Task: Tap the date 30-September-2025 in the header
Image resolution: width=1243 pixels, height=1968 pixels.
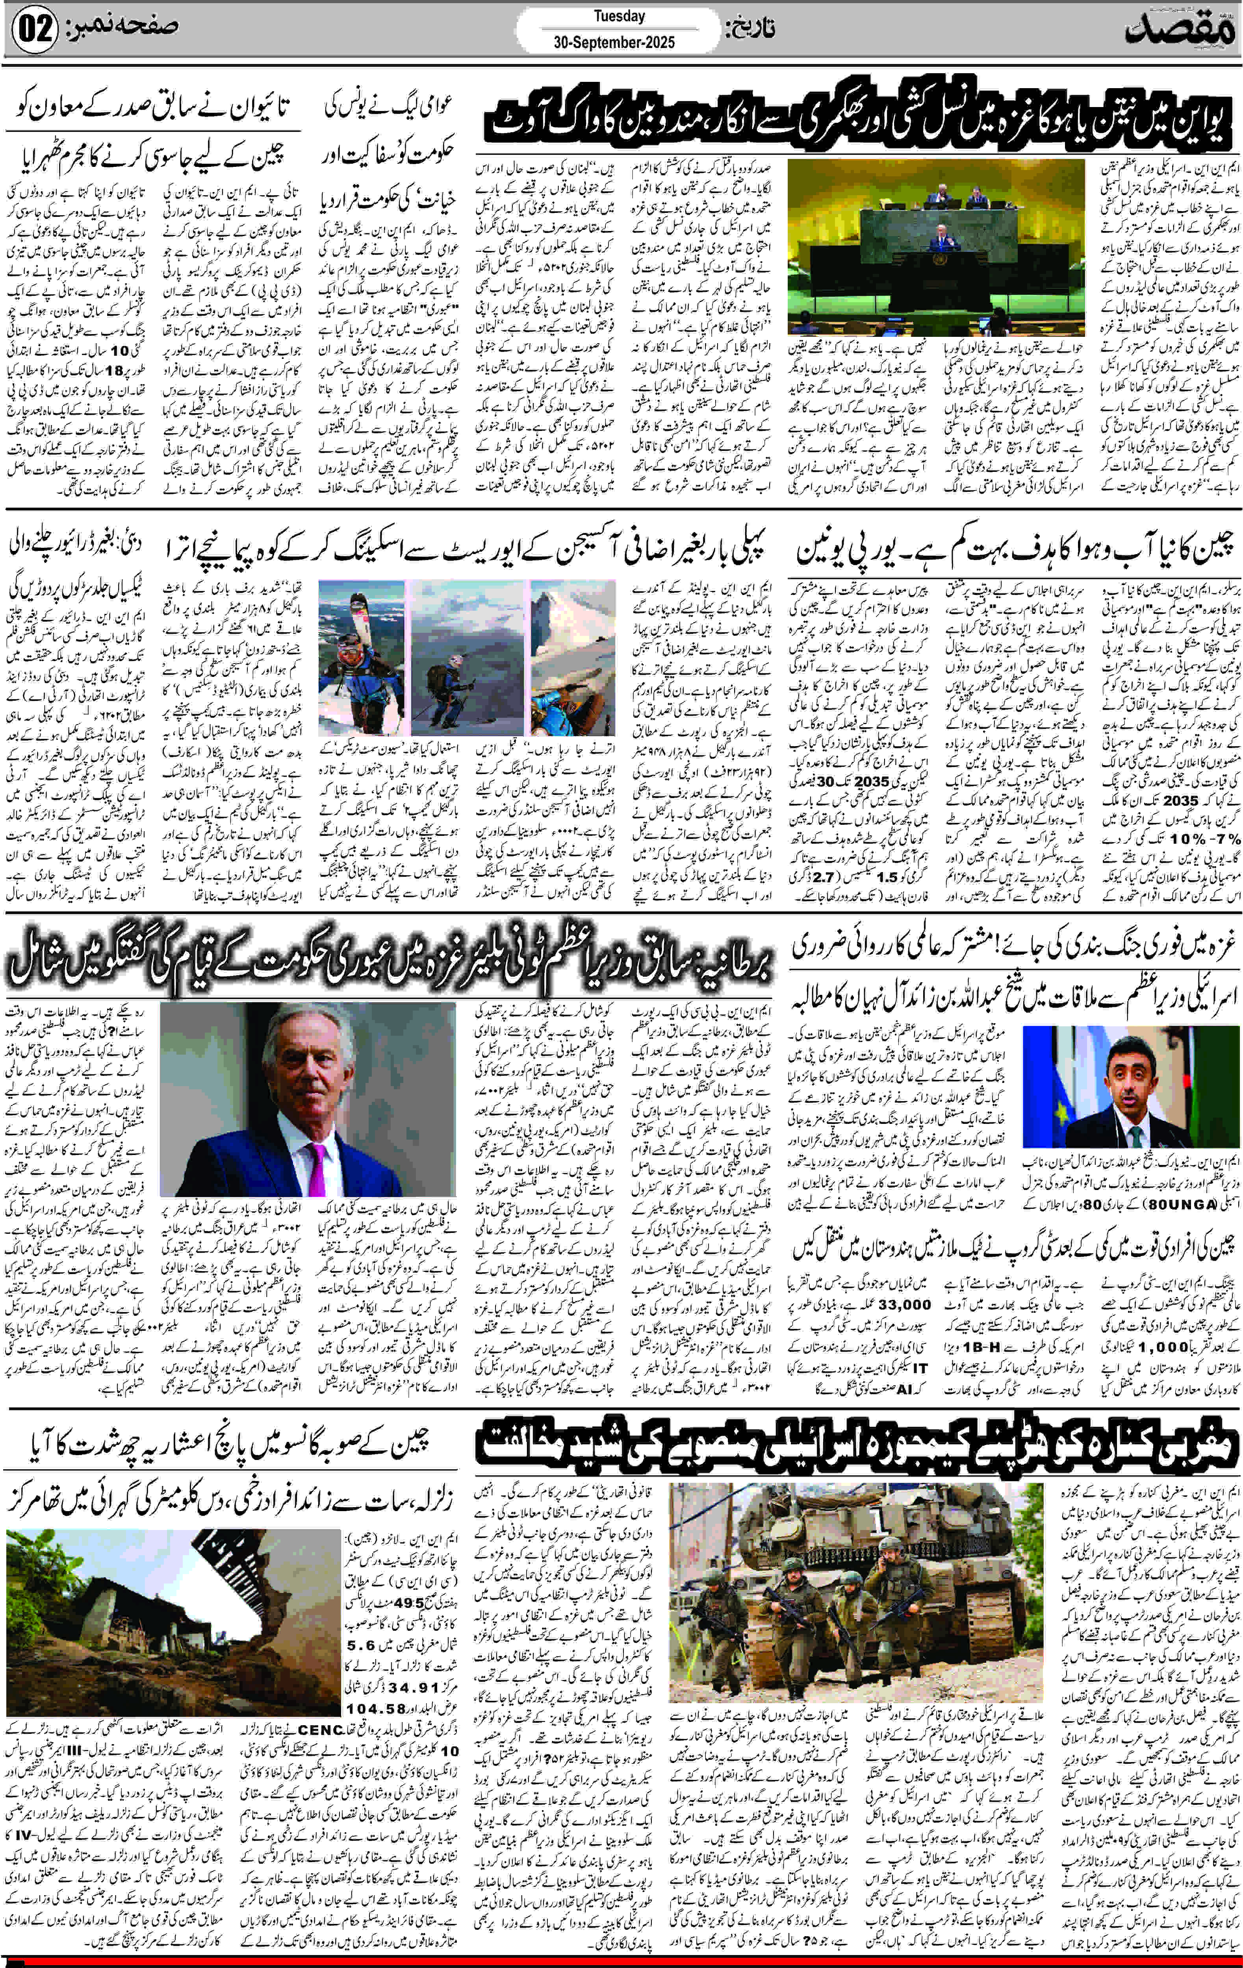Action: (x=608, y=43)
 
